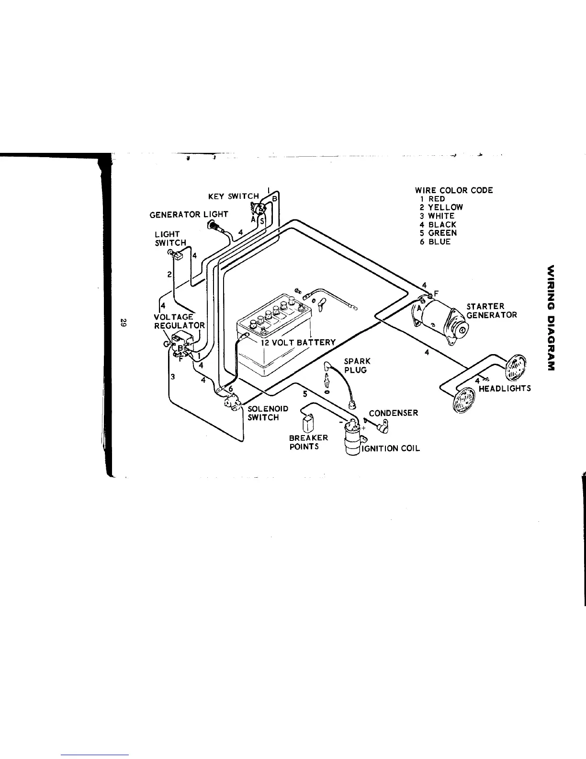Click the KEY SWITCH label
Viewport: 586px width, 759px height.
tap(234, 196)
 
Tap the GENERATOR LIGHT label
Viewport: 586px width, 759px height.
tap(189, 214)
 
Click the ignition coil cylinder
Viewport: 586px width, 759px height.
tap(353, 438)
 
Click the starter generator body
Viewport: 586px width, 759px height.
tap(440, 320)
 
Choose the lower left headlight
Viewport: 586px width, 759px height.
tap(463, 400)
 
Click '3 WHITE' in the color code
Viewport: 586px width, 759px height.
tap(437, 216)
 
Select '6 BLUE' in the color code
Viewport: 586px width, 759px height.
tap(435, 242)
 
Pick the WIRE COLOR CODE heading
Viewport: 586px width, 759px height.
tap(454, 190)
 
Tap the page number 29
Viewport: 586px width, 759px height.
tap(123, 323)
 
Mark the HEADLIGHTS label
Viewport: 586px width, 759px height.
tap(505, 389)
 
